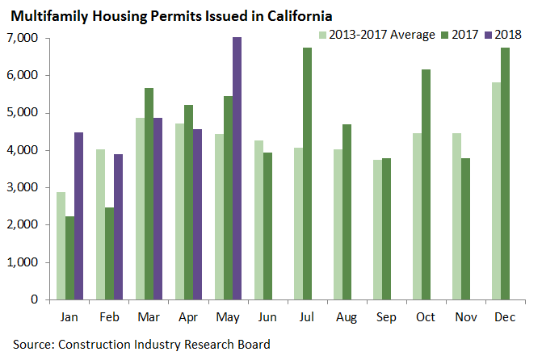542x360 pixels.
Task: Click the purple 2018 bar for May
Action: pos(237,168)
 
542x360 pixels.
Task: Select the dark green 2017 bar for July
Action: pos(307,174)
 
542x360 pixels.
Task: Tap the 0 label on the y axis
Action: pos(36,299)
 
